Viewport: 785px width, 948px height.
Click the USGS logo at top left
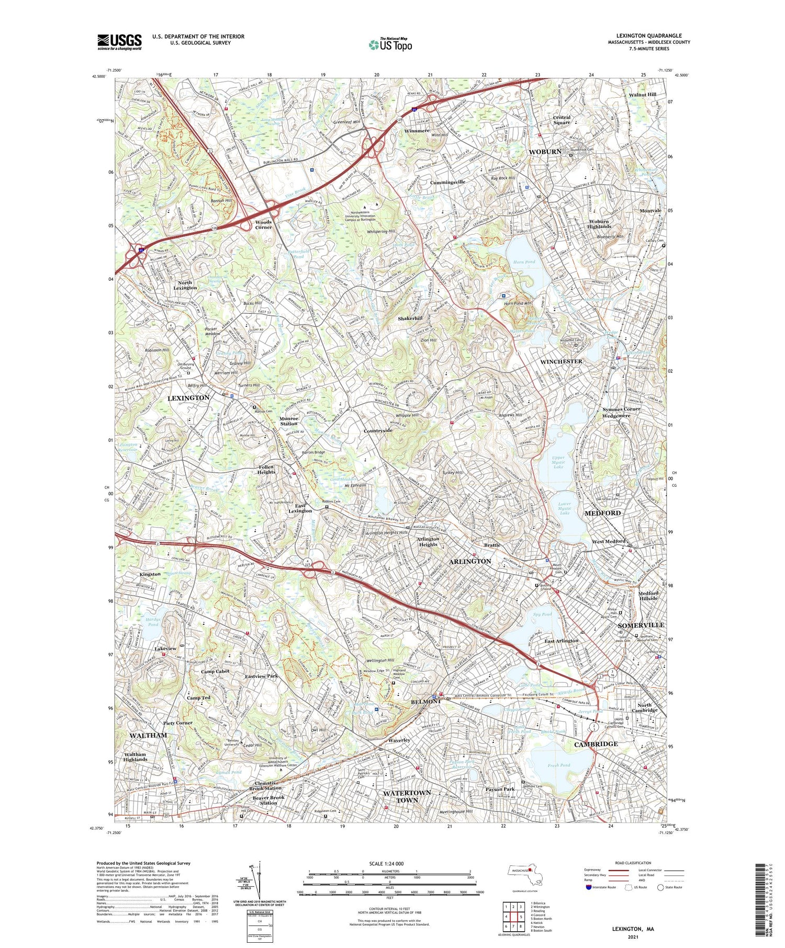click(119, 42)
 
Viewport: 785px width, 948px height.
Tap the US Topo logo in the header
click(390, 44)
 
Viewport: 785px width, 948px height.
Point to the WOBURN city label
click(545, 152)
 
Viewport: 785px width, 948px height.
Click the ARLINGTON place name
click(470, 561)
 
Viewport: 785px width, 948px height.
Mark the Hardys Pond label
click(153, 622)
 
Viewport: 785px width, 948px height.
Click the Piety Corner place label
click(178, 723)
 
